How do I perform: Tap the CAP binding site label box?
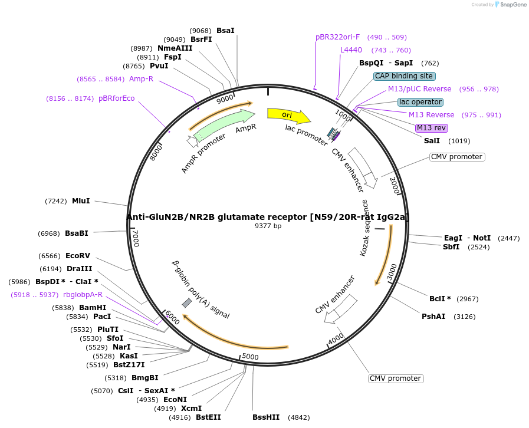[x=405, y=76]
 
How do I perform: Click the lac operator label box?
[x=420, y=102]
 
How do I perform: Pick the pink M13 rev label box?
[x=432, y=128]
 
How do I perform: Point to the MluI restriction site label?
[x=81, y=201]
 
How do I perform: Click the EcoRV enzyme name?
[x=78, y=256]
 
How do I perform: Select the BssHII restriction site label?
[x=266, y=417]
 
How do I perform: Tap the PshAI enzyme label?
[x=433, y=317]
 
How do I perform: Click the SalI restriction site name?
[x=432, y=141]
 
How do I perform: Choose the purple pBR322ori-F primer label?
[x=337, y=37]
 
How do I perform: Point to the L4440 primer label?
[x=351, y=50]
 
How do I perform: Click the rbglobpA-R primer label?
[x=83, y=295]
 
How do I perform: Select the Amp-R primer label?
[x=141, y=79]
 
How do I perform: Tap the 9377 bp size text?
[x=268, y=226]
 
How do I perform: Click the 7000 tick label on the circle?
[x=136, y=239]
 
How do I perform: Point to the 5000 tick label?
[x=251, y=357]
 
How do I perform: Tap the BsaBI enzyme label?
[x=77, y=233]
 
